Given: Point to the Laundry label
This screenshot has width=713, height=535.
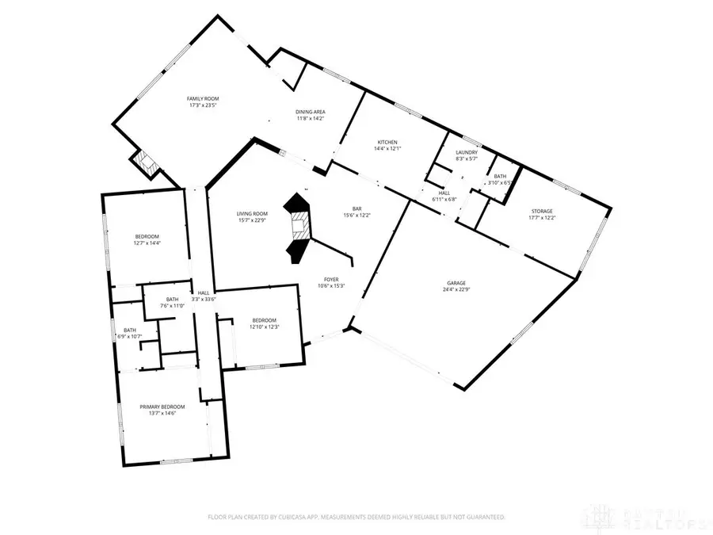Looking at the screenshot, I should coord(466,155).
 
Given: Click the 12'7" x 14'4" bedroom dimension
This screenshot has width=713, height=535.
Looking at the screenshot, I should coord(147,243).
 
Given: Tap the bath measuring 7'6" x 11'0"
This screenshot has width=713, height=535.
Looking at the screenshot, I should coord(161,306).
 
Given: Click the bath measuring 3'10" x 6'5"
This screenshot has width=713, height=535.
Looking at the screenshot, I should coord(501,182).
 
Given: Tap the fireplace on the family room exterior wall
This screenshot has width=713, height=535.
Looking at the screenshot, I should coord(145,162).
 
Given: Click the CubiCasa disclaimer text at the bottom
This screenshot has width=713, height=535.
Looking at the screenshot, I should coord(356,516).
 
